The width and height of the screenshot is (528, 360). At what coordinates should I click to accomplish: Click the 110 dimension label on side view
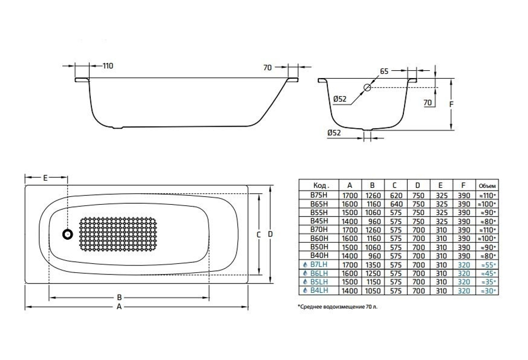tap(107, 66)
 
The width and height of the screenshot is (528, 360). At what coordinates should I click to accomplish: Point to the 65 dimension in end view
tap(384, 70)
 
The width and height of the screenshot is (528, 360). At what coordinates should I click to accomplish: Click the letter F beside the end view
tap(451, 104)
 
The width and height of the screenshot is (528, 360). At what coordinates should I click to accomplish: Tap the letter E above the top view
tap(45, 178)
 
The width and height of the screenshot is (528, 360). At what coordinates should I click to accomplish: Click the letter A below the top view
tap(119, 306)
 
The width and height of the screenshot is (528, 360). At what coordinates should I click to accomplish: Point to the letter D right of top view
tap(270, 234)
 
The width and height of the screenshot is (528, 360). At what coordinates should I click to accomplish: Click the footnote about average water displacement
tap(338, 306)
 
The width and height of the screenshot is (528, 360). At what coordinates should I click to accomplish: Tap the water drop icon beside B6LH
tap(305, 273)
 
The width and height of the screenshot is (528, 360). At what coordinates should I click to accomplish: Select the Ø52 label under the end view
tap(334, 133)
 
